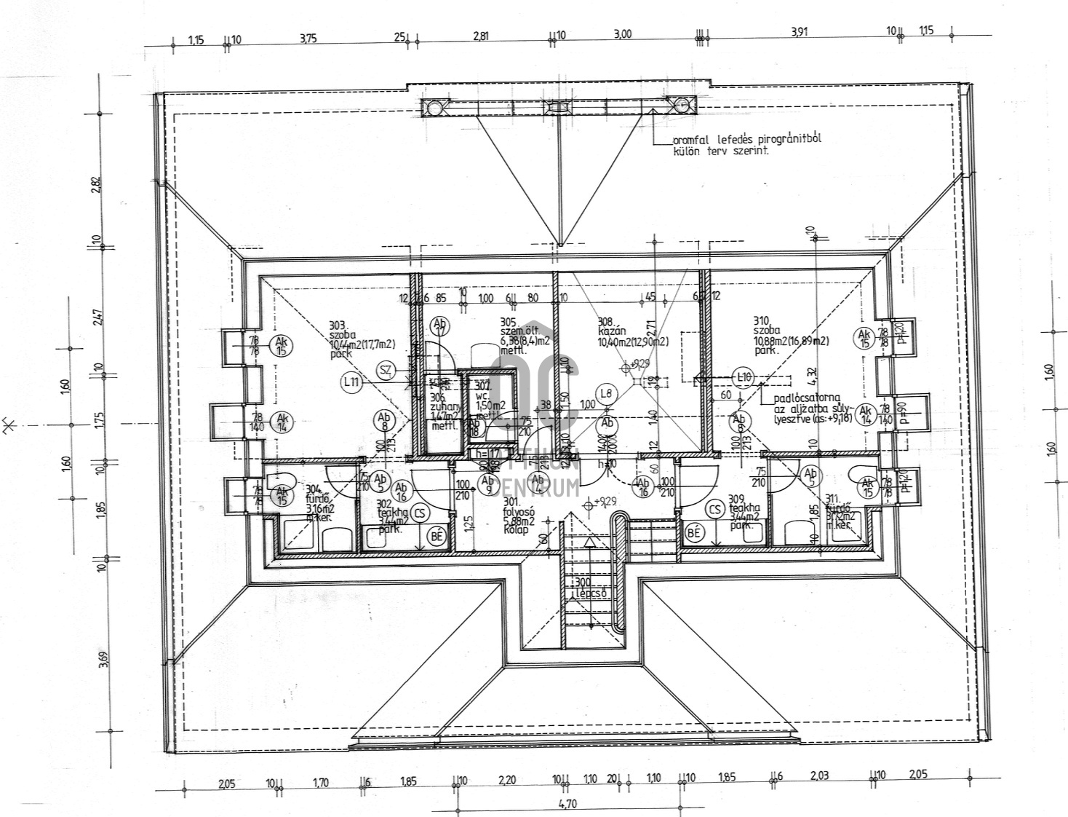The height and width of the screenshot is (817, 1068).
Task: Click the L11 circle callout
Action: [x=351, y=380]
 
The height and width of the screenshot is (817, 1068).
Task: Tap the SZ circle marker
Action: [x=386, y=371]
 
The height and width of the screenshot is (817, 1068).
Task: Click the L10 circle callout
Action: [x=743, y=376]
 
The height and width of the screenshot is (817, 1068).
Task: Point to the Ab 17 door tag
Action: [x=439, y=325]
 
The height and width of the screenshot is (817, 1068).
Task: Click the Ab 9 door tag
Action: [x=487, y=482]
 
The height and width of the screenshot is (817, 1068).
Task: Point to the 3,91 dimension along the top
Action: [x=798, y=32]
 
